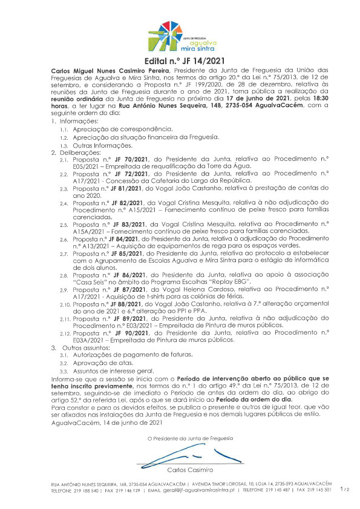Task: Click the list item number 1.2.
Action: pyautogui.click(x=64, y=138)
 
